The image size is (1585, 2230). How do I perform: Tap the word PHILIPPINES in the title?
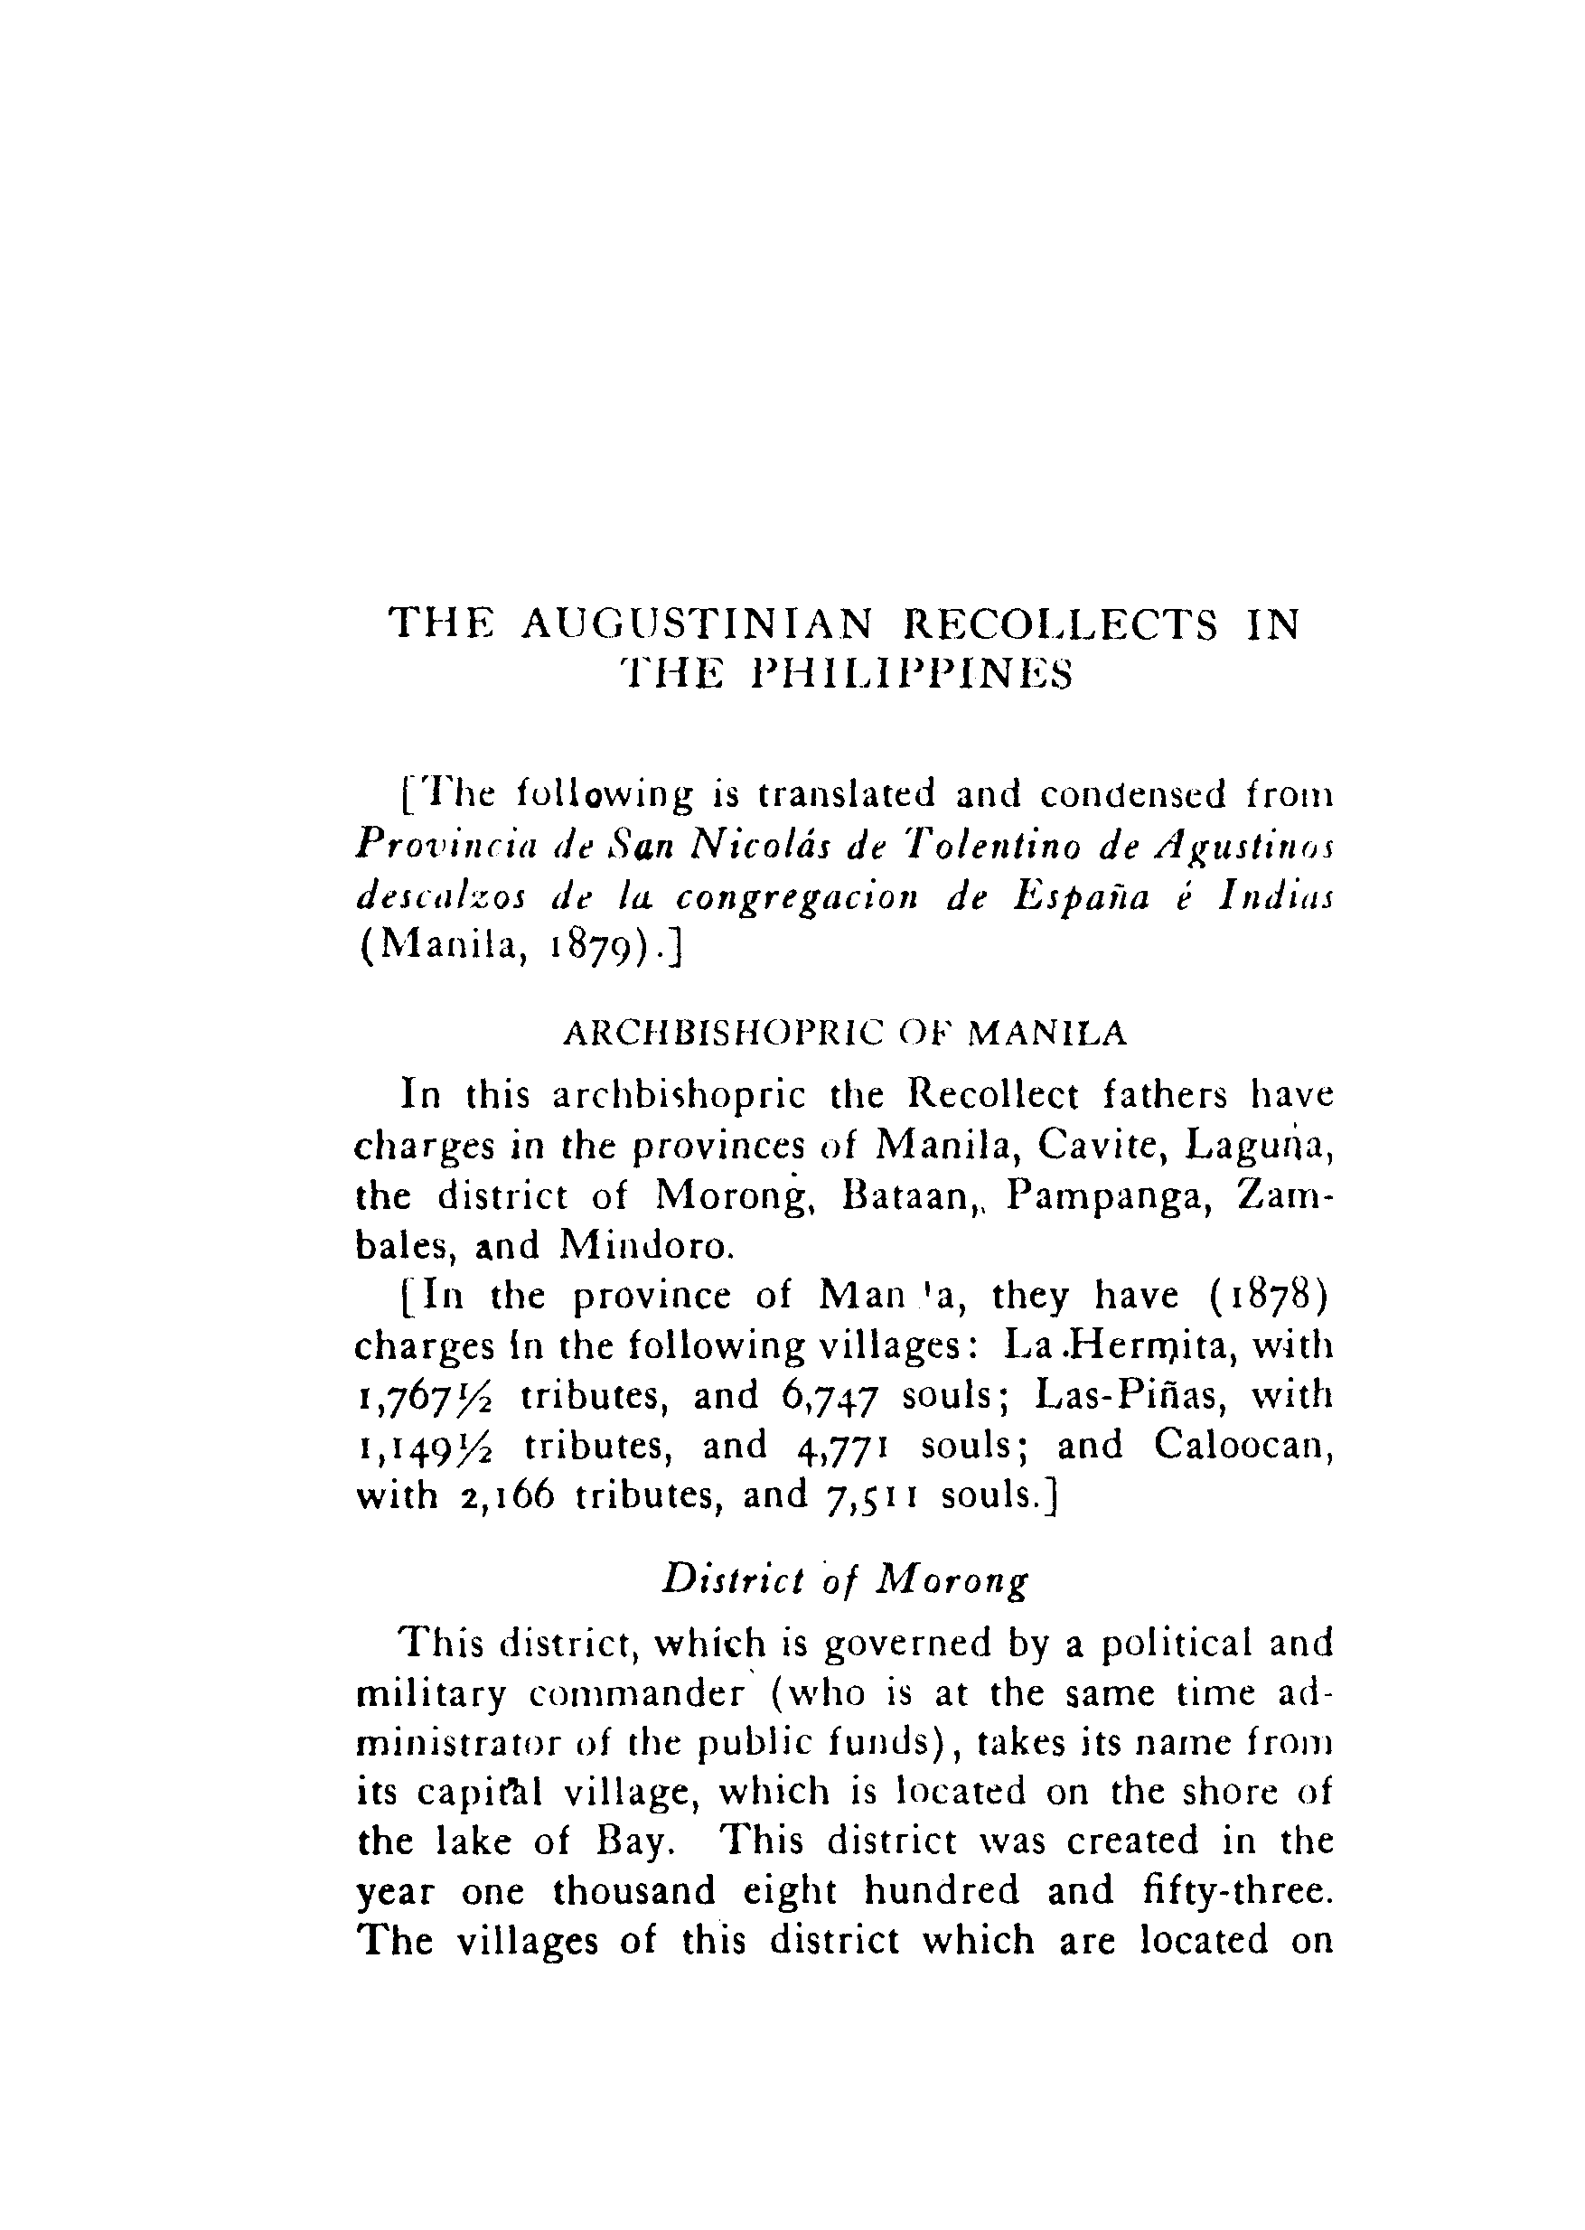tap(914, 674)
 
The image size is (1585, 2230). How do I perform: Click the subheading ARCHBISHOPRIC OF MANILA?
tap(845, 1034)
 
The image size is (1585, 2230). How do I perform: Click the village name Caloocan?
tap(1243, 1445)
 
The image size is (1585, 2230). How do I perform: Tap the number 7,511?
tap(871, 1496)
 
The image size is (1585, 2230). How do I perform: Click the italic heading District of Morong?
tap(845, 1579)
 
